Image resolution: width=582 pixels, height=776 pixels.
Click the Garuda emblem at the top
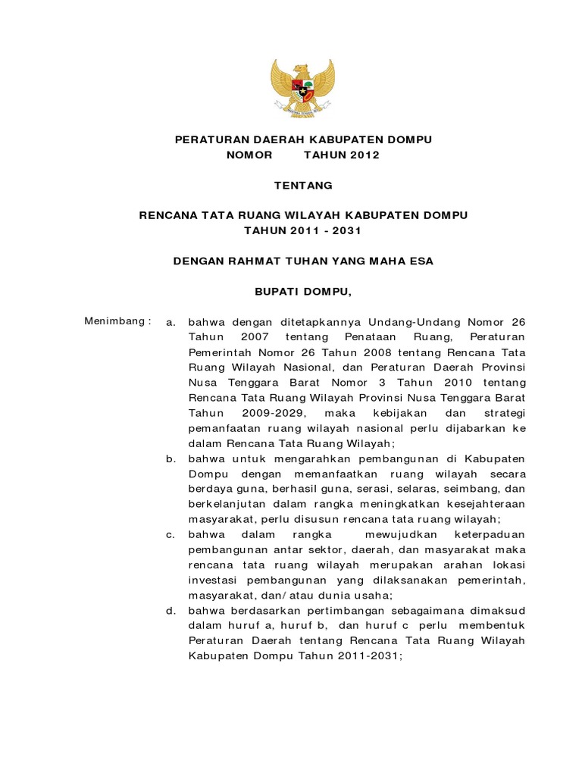[303, 89]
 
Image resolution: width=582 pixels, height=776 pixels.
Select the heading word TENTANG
[303, 185]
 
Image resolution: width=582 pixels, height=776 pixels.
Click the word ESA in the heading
[421, 261]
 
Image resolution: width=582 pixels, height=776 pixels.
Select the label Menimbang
[114, 321]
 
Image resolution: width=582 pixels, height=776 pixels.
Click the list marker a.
[171, 322]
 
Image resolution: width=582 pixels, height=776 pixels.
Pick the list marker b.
[171, 458]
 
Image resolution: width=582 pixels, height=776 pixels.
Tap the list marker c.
[171, 534]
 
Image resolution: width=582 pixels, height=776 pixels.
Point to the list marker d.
[171, 610]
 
